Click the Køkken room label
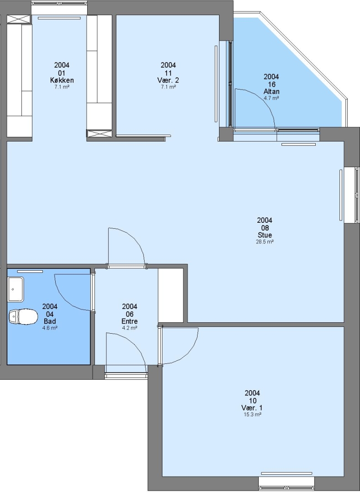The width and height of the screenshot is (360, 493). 62,80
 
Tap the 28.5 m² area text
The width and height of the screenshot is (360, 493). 265,242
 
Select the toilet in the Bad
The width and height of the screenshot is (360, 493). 23,317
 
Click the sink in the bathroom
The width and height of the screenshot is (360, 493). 16,289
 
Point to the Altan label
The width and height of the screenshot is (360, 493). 271,91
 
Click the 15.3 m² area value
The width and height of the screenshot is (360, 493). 253,414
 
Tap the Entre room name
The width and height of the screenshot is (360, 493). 130,321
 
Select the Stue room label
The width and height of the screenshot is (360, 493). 265,235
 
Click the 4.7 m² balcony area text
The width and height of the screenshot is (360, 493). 271,98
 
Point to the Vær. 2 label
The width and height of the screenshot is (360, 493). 168,80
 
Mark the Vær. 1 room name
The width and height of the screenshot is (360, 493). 252,408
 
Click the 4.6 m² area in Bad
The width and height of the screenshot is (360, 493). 50,328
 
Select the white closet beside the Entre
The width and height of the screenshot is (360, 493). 171,295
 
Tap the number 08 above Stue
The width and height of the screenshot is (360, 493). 265,228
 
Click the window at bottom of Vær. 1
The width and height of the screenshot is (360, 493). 287,481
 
